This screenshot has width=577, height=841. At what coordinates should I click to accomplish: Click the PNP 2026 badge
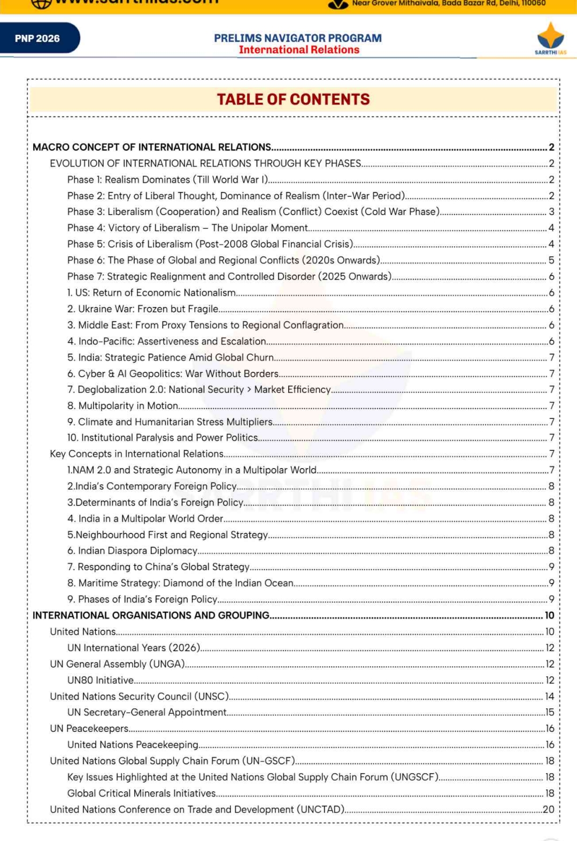coord(37,39)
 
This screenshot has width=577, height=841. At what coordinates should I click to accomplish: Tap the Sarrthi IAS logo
coord(550,39)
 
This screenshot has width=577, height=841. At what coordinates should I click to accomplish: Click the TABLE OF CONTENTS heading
coord(293,100)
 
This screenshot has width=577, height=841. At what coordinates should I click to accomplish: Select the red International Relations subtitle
coord(299,50)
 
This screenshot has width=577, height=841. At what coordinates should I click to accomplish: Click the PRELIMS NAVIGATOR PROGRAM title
coord(298,38)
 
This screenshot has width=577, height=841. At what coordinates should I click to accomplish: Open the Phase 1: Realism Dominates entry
coord(167,180)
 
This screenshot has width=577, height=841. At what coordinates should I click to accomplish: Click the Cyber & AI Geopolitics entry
coord(173,373)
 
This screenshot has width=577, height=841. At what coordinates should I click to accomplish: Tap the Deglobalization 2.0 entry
coord(199,389)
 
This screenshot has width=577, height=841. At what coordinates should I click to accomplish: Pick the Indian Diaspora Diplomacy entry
coord(132,551)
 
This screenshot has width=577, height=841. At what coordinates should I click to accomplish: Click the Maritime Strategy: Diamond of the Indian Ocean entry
coord(180,583)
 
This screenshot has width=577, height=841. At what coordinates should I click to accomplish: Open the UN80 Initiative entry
coord(101,680)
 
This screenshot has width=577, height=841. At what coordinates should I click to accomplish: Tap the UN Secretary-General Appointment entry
coord(147,712)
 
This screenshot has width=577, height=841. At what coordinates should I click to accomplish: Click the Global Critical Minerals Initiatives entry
coord(142,793)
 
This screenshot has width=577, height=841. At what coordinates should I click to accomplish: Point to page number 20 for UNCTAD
coord(549,809)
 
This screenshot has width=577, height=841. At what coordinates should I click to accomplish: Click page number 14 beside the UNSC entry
coord(550,697)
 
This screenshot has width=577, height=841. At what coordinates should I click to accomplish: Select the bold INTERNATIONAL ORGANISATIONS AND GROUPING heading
coord(151,615)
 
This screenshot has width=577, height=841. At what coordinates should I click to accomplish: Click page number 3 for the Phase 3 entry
coord(551,212)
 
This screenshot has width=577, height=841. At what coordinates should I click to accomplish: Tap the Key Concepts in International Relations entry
coord(137,454)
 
